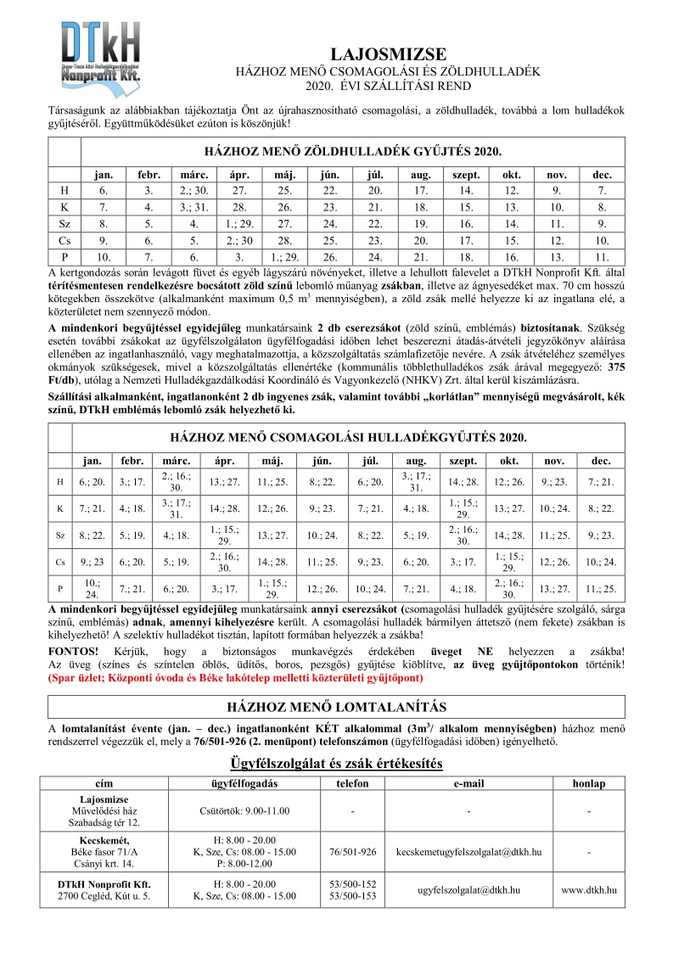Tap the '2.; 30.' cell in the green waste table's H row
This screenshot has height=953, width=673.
(189, 191)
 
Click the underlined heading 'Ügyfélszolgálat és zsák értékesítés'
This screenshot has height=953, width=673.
(337, 764)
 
